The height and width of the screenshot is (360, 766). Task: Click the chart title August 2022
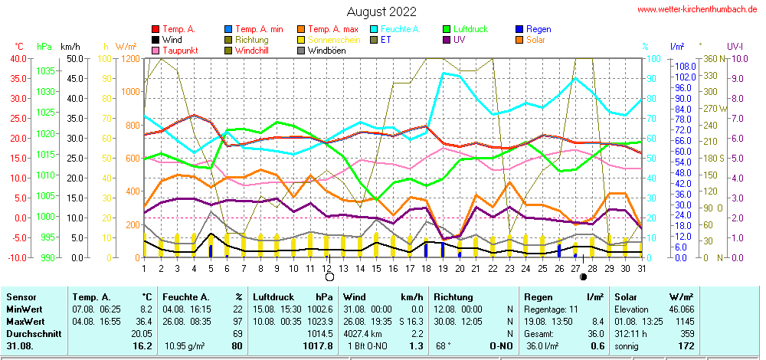coord(381,11)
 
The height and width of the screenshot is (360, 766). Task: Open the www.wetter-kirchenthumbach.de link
coord(698,9)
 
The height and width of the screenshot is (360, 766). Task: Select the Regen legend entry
coord(538,29)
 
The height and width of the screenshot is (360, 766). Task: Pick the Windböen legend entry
coord(326,51)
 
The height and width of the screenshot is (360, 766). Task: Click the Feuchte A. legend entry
coord(399,29)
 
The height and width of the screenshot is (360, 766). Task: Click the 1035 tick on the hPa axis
coord(45,70)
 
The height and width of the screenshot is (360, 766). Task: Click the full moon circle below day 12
coord(330,277)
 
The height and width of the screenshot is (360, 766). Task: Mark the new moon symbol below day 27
coord(584,277)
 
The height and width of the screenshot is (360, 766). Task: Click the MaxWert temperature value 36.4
coord(144,321)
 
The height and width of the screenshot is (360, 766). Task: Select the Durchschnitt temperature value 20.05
coord(141,333)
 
